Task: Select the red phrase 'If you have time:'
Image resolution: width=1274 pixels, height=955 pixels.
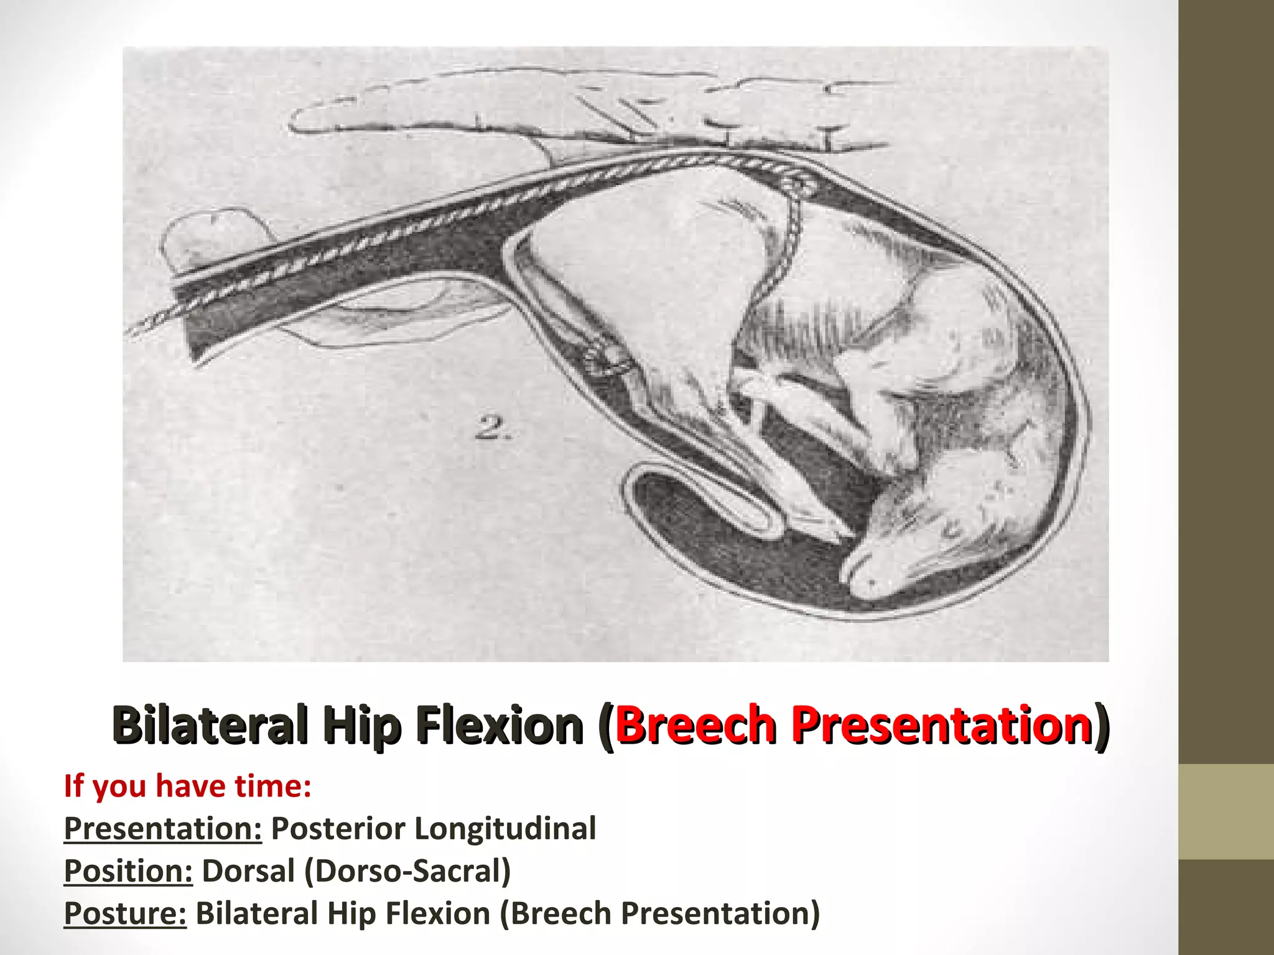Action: pyautogui.click(x=187, y=785)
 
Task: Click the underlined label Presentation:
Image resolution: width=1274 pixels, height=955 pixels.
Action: pyautogui.click(x=163, y=828)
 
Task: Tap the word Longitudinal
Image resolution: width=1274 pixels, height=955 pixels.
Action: pyautogui.click(x=505, y=828)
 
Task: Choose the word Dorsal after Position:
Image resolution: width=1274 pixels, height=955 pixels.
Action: pyautogui.click(x=248, y=870)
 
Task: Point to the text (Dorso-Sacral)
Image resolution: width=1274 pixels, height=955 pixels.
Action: pyautogui.click(x=407, y=870)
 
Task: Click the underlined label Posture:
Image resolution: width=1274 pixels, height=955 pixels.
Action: pyautogui.click(x=125, y=913)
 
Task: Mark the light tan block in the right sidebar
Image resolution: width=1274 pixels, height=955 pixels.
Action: pyautogui.click(x=1226, y=811)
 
